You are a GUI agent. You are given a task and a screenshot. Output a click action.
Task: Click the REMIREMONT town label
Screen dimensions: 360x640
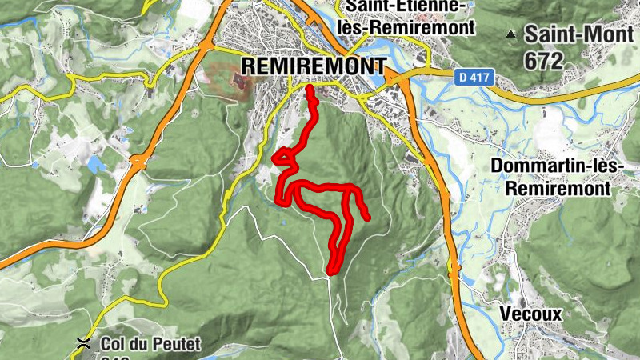[314, 66]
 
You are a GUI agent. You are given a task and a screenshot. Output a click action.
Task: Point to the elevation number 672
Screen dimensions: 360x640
[544, 59]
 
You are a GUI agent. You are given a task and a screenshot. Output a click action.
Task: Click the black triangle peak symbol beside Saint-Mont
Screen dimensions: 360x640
[510, 34]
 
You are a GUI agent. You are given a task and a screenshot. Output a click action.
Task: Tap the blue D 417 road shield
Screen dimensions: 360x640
[474, 78]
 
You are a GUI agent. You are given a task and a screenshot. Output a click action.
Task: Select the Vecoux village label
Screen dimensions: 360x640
[530, 314]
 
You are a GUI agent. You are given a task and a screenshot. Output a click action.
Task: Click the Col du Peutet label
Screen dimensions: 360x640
[151, 345]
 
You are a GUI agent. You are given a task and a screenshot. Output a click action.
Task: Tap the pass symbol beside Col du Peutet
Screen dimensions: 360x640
[82, 343]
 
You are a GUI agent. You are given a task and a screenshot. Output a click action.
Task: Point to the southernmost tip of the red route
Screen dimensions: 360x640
[332, 270]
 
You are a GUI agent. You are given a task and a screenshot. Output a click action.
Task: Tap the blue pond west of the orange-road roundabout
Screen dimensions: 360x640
[98, 164]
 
